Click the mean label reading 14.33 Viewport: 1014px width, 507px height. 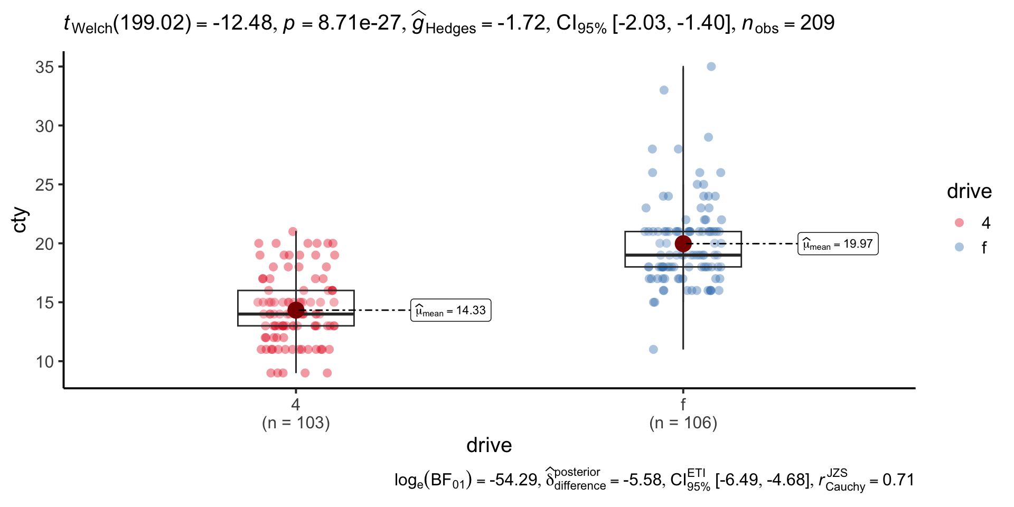point(451,311)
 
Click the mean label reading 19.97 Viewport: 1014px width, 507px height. point(838,244)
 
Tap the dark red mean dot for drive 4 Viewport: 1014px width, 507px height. point(296,310)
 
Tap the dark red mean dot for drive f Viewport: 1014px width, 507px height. point(683,243)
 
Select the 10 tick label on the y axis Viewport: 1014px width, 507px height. point(45,362)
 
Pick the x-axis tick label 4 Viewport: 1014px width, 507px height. point(296,405)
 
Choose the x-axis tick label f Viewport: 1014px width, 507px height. point(683,405)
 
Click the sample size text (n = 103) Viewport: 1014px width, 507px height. point(296,423)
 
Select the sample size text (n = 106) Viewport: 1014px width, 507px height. point(683,423)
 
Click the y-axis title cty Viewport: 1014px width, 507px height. point(20,220)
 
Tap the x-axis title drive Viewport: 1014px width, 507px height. point(489,445)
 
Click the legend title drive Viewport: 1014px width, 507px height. point(969,191)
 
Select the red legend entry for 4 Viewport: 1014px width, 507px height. point(960,223)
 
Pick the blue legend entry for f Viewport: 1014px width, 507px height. point(960,247)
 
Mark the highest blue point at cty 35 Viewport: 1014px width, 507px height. point(711,67)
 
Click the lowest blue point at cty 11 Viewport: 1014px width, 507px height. point(653,350)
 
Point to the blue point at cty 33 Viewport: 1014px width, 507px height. point(664,90)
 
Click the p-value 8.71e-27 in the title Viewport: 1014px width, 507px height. point(359,23)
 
